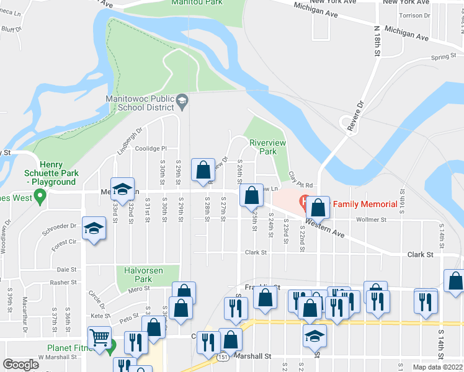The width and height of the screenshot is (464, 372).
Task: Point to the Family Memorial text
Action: tap(365, 204)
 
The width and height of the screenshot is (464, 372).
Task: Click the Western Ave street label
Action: tap(324, 228)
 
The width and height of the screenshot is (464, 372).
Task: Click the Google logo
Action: tap(21, 365)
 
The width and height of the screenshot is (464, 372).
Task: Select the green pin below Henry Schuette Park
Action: tap(41, 198)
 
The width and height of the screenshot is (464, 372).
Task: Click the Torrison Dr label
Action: tap(415, 15)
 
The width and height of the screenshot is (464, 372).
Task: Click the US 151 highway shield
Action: tap(222, 358)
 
